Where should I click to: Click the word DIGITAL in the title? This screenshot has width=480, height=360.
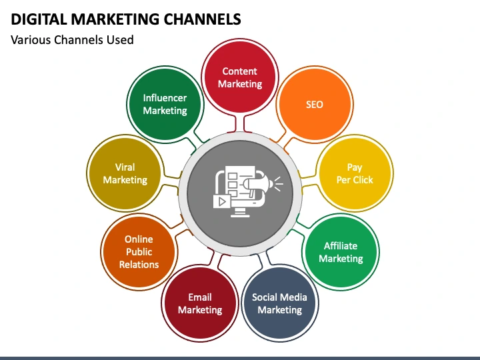click(x=36, y=19)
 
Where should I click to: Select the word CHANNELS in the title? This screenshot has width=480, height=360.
click(x=201, y=19)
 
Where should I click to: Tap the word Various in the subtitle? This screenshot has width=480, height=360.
click(x=31, y=40)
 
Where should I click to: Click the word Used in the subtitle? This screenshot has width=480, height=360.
click(x=121, y=40)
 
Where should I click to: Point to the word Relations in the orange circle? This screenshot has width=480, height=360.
click(x=139, y=265)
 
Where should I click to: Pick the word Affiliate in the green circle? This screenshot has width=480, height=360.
click(x=341, y=246)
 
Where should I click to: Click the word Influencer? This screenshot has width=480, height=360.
click(x=165, y=98)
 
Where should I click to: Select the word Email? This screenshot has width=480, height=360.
click(x=199, y=297)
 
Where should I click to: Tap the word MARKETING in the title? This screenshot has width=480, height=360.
click(x=110, y=19)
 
